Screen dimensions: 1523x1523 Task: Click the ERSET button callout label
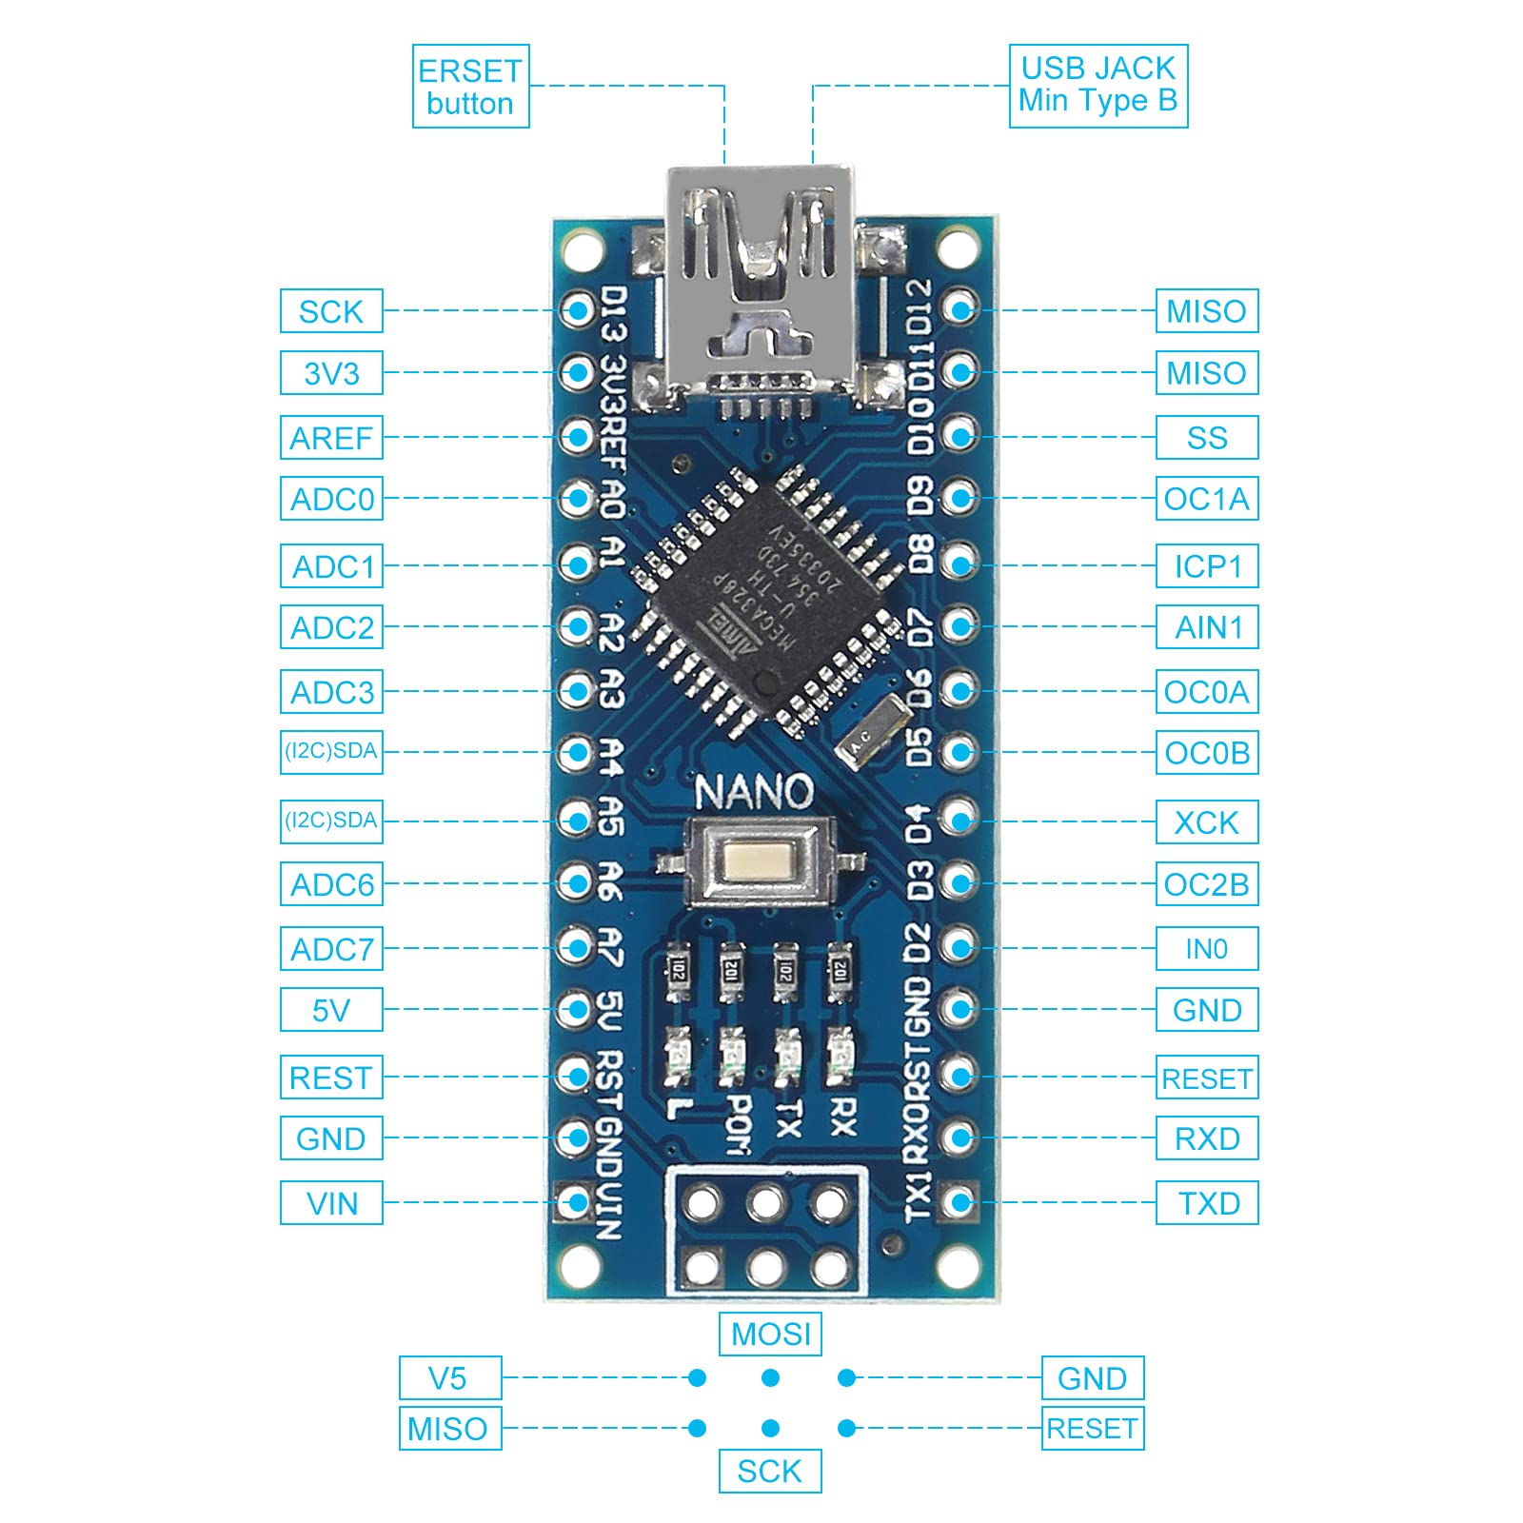470,87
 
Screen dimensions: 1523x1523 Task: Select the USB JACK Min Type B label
1098,86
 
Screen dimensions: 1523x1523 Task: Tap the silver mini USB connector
759,286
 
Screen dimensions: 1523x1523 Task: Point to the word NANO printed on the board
753,792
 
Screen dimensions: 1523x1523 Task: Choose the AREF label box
331,438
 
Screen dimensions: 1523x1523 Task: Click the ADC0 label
331,499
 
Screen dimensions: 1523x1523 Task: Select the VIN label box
331,1203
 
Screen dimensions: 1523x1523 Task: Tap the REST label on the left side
331,1078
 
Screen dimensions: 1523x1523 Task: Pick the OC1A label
1206,499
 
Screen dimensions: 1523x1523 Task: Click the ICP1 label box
1206,566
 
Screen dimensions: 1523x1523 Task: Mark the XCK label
1206,822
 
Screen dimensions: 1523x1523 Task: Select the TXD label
1206,1203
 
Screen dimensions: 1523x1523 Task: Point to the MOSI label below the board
770,1335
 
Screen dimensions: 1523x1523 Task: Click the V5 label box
449,1378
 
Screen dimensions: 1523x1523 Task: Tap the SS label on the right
1206,438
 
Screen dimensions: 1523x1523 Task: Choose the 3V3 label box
331,373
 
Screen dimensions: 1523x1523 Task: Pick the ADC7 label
331,949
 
